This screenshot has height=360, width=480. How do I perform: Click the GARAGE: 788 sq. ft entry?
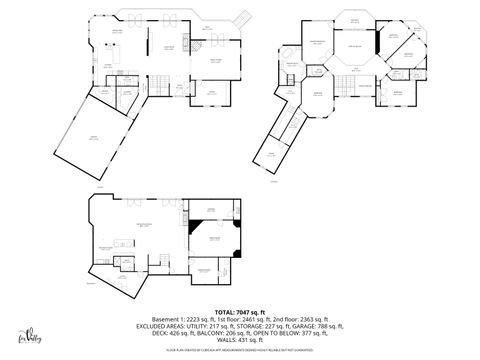click(x=315, y=326)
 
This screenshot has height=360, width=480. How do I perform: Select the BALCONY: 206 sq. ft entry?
click(x=212, y=333)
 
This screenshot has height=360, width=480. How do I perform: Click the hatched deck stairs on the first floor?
click(x=240, y=18)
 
